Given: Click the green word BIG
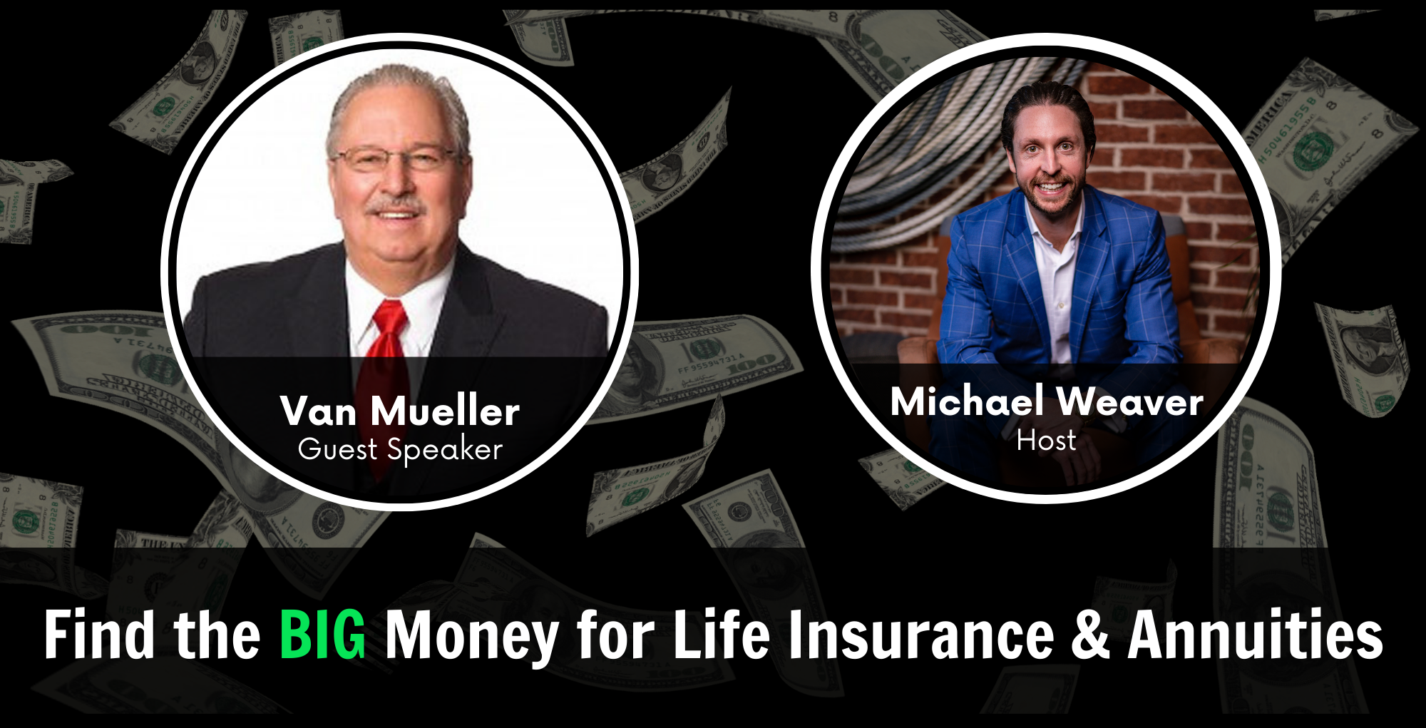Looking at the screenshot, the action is tap(322, 634).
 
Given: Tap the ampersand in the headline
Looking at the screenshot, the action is tap(1090, 634).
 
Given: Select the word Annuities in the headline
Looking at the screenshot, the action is tap(1256, 634).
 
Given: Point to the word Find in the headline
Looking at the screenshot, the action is tap(99, 634).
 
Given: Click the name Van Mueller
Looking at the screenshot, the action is tap(400, 411).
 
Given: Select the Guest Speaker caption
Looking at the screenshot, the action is tap(400, 450).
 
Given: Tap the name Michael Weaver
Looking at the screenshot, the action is tap(1047, 401).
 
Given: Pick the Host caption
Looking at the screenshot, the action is tap(1046, 441).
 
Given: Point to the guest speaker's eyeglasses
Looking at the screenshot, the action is tap(396, 158).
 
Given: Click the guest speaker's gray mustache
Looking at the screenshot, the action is tap(396, 207).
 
